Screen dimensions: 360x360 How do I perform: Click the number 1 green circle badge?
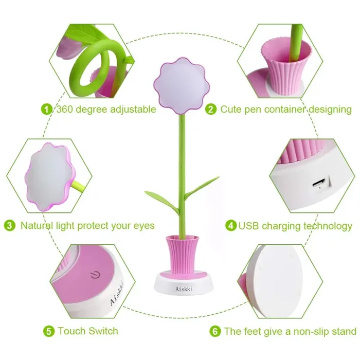(47, 109)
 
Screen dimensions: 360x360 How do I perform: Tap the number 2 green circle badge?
(211, 109)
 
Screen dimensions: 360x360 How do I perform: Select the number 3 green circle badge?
(10, 225)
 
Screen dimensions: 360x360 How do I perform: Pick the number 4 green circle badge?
(231, 225)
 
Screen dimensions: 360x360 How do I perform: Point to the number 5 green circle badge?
(49, 331)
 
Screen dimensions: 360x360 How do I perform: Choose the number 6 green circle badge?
(215, 331)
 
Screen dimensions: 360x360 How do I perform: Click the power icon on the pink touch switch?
(95, 274)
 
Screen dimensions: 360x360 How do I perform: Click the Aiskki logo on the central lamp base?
(184, 289)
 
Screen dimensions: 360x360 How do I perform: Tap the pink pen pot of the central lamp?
(182, 255)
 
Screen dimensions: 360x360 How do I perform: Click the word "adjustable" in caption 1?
(133, 110)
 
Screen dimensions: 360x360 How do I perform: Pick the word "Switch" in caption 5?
(103, 331)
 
